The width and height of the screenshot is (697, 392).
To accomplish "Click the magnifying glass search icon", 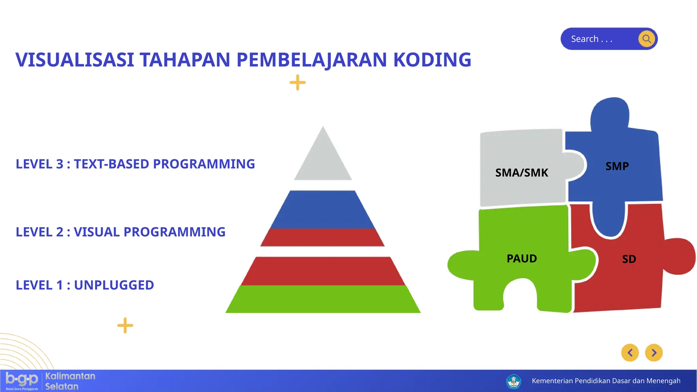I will tap(647, 39).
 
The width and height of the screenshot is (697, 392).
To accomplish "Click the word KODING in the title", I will tap(432, 60).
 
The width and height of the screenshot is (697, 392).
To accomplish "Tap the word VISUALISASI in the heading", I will tap(75, 60).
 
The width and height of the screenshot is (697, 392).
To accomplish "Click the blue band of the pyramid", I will tap(323, 210).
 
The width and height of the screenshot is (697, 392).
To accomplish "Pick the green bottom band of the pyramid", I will tap(323, 299).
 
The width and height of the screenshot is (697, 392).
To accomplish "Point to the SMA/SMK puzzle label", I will tap(521, 173).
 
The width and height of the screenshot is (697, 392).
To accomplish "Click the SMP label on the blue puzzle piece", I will tap(617, 166).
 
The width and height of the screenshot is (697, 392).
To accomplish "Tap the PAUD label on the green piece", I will tap(521, 259).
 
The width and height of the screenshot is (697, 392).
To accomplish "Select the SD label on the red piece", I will tap(629, 259).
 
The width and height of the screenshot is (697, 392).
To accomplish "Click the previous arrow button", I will tap(630, 353).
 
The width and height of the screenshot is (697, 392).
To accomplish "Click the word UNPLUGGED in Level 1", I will tap(114, 285).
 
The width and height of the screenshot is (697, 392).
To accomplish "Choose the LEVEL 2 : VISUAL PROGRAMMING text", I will tap(120, 232).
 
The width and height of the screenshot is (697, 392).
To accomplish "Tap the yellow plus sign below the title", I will tap(297, 82).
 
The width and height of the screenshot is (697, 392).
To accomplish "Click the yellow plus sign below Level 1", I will tap(125, 325).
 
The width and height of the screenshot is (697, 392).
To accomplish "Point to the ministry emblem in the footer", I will tap(513, 381).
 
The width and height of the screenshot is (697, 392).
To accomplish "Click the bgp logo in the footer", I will tap(22, 380).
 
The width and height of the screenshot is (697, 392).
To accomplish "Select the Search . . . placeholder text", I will tap(591, 39).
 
